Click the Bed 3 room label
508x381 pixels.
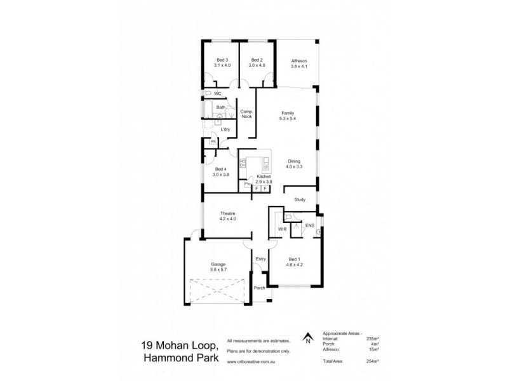[222, 60]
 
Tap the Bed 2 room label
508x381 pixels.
[257, 60]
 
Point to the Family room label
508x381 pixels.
[287, 113]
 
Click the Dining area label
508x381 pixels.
[293, 161]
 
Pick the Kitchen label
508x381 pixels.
[264, 176]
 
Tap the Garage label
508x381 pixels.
[218, 264]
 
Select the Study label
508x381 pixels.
[300, 200]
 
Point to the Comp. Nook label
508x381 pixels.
[246, 114]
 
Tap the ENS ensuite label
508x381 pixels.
[311, 225]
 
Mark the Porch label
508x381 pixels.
[259, 287]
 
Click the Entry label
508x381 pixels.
[260, 258]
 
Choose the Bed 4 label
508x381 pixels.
[220, 169]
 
